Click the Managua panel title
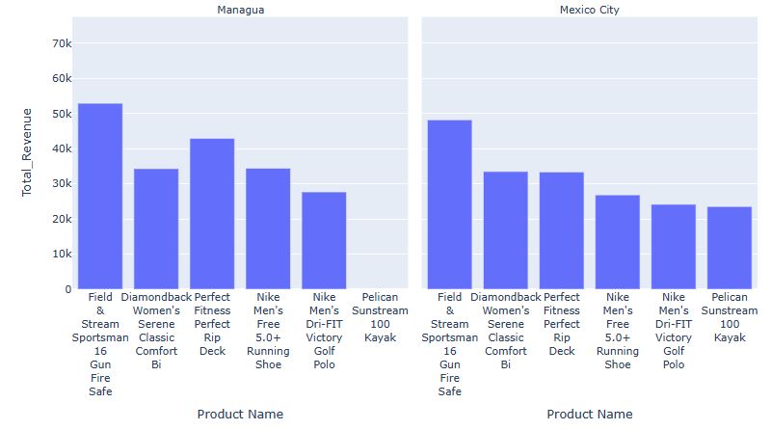[x=240, y=10]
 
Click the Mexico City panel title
[x=589, y=10]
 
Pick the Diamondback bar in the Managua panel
[x=156, y=228]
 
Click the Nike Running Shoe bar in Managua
[x=268, y=228]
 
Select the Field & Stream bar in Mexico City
[x=450, y=204]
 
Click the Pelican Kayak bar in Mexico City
[x=730, y=248]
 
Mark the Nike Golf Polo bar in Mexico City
[x=674, y=247]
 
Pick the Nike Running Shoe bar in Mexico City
[x=618, y=242]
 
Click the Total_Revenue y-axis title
[x=27, y=152]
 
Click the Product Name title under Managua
[x=240, y=414]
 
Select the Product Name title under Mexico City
[x=589, y=414]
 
